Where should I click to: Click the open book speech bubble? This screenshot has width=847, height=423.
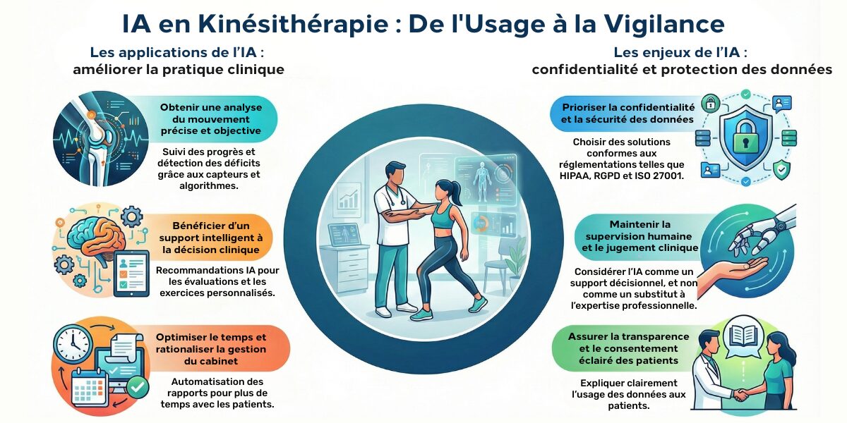[743, 335]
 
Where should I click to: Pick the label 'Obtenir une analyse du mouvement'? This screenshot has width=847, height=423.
[210, 119]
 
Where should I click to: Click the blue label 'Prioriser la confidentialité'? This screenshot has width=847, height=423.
[628, 114]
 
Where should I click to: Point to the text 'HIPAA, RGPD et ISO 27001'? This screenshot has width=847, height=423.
[628, 176]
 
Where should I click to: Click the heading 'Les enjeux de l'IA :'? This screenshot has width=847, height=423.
[680, 52]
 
